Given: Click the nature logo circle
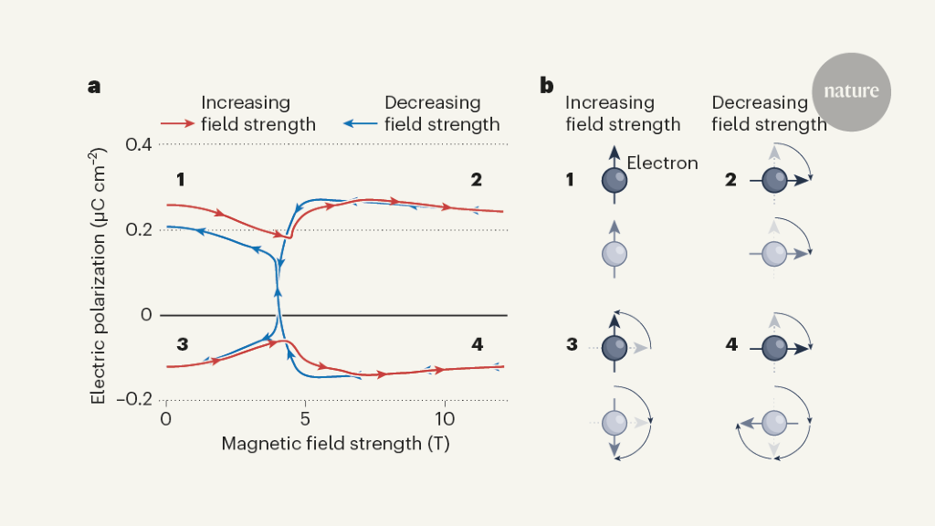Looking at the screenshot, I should point(850,91).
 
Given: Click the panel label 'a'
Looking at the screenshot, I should point(93,87).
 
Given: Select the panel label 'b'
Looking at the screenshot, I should point(546,87).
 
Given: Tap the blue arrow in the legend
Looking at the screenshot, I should point(362,122).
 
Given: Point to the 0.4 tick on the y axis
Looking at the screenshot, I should point(138,144).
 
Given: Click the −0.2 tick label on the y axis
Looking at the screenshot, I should point(134,400).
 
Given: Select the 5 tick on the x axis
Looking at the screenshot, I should point(305,418).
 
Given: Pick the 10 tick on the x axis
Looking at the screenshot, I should point(445,418).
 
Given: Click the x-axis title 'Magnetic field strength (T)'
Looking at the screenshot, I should point(335,444).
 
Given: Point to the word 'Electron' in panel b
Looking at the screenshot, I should point(662,163).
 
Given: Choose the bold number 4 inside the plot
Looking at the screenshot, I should point(477,344).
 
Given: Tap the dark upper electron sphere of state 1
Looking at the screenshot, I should point(615,180).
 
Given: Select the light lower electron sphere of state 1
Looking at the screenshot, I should point(615,255).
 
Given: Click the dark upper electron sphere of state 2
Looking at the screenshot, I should point(774,180).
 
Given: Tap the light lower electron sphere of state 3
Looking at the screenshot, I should point(615,422).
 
